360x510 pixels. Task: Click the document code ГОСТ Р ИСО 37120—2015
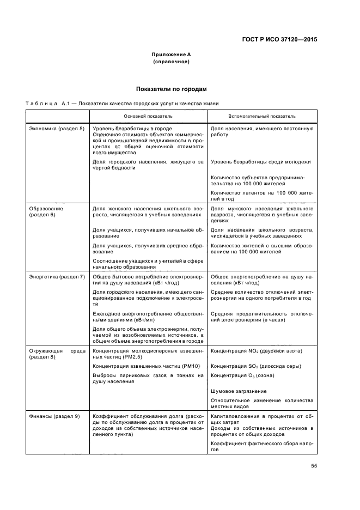(278, 40)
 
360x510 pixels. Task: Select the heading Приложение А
(171, 55)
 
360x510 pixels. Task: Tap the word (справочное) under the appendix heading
(171, 62)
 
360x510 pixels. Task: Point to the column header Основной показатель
(148, 116)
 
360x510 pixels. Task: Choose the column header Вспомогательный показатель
(261, 116)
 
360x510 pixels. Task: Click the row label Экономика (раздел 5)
(56, 128)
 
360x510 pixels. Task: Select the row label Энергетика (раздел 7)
(57, 277)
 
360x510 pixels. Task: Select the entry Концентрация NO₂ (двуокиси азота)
(256, 350)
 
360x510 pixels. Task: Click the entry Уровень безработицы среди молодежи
(260, 162)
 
